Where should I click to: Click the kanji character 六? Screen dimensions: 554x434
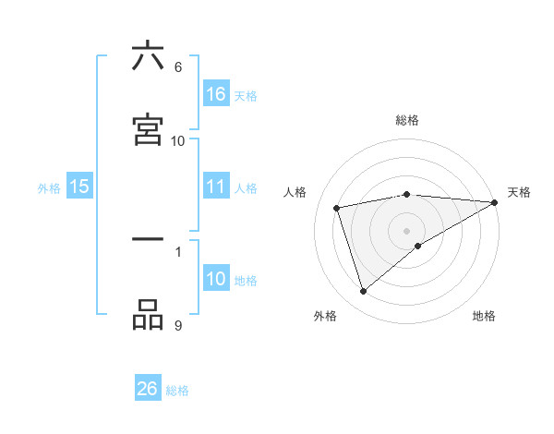click(x=148, y=56)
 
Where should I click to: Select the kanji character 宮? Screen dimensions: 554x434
click(x=148, y=130)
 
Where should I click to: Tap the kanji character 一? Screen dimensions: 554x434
click(x=148, y=240)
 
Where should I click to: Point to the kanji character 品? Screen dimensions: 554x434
click(x=148, y=315)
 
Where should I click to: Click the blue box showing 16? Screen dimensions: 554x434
click(x=216, y=94)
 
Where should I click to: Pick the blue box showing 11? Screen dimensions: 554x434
click(x=216, y=187)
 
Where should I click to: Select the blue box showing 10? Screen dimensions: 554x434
click(x=216, y=280)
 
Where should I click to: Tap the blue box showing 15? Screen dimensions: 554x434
click(x=79, y=187)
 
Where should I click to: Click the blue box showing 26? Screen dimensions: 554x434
click(x=148, y=389)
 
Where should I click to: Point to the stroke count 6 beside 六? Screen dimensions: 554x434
click(x=178, y=67)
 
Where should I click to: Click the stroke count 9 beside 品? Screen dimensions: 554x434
click(x=178, y=325)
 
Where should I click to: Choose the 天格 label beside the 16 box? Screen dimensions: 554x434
click(x=245, y=95)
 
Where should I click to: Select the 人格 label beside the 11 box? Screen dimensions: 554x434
click(x=245, y=187)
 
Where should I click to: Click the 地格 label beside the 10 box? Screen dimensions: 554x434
click(x=245, y=281)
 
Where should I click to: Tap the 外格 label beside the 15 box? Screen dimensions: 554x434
click(x=49, y=187)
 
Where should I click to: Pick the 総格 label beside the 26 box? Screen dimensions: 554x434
click(x=177, y=390)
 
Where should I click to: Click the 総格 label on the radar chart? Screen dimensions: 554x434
click(x=407, y=120)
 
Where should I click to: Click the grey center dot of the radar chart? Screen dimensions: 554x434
click(x=407, y=231)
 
